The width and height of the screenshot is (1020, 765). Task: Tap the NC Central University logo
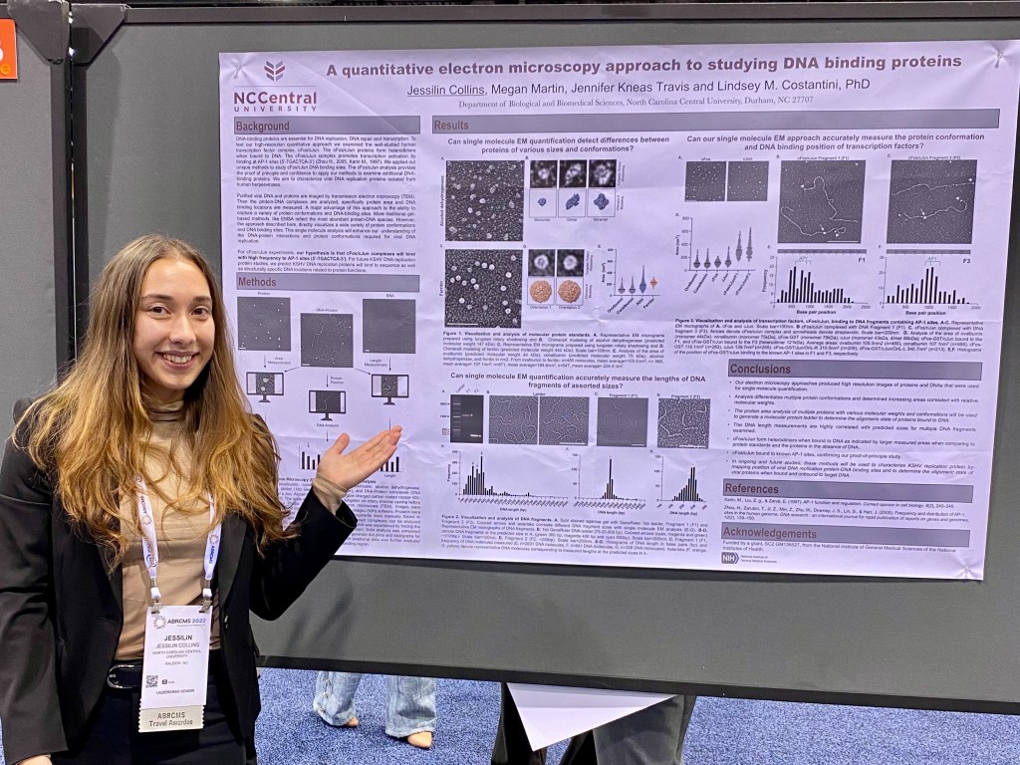pyautogui.click(x=275, y=86)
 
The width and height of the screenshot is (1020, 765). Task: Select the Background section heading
pyautogui.click(x=263, y=127)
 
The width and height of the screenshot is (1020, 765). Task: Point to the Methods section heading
pyautogui.click(x=257, y=282)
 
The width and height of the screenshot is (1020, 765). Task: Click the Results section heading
pyautogui.click(x=450, y=126)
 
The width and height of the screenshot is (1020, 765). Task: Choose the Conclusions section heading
pyautogui.click(x=760, y=370)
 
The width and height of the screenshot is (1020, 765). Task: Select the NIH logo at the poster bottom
pyautogui.click(x=730, y=558)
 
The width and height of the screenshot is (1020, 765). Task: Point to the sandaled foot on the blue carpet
pyautogui.click(x=419, y=738)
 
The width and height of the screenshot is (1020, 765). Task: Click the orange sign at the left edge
pyautogui.click(x=7, y=49)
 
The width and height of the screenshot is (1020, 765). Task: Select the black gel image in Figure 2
pyautogui.click(x=465, y=418)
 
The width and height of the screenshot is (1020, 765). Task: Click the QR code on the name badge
pyautogui.click(x=151, y=681)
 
